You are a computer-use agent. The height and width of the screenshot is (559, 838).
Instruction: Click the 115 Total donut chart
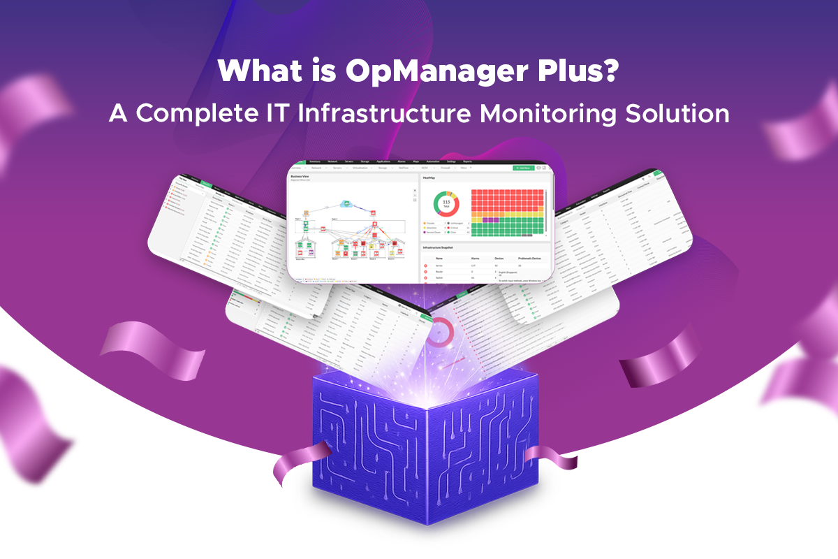(446, 203)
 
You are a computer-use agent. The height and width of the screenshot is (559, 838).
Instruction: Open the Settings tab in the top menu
(453, 161)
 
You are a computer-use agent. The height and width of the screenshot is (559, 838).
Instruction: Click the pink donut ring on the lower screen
(441, 332)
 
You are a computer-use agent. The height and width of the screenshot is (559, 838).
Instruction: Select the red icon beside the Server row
(425, 266)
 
